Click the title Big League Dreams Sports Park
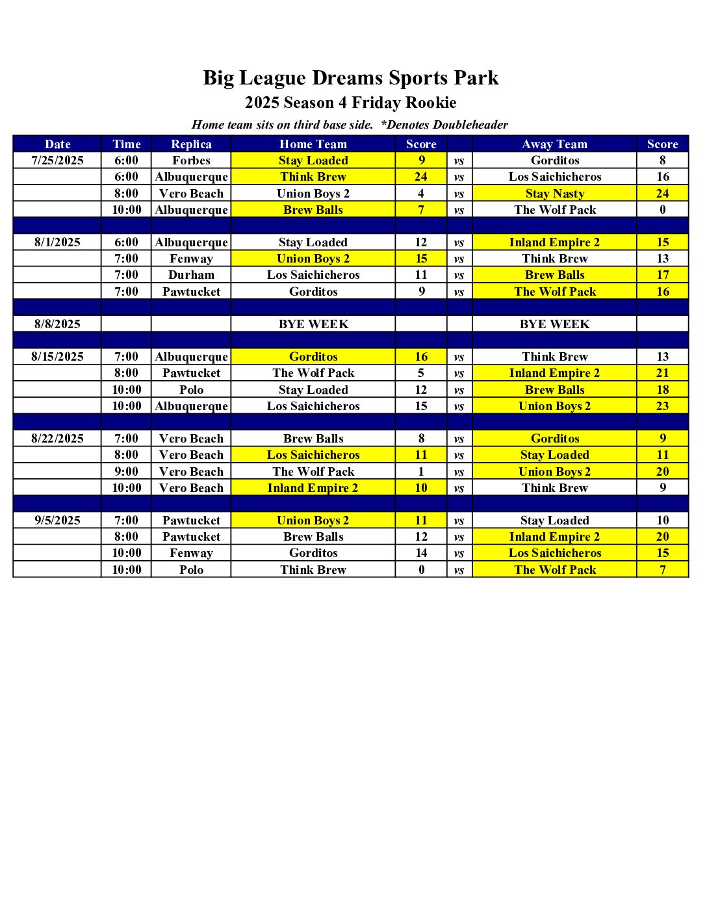[351, 78]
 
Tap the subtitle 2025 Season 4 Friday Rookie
[351, 103]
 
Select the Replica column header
[191, 144]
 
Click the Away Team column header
[554, 144]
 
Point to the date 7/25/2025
[57, 161]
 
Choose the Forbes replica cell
[191, 161]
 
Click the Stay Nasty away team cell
[555, 194]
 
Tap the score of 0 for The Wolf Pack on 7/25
[662, 210]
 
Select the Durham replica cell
[191, 275]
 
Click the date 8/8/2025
[57, 324]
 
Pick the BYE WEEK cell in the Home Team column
[313, 324]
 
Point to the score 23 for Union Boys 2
[662, 406]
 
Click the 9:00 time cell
[126, 472]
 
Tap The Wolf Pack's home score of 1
[421, 472]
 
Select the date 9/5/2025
[57, 521]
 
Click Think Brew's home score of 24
[421, 177]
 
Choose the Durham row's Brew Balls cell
[555, 275]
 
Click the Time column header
[126, 144]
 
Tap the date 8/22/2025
[57, 439]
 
